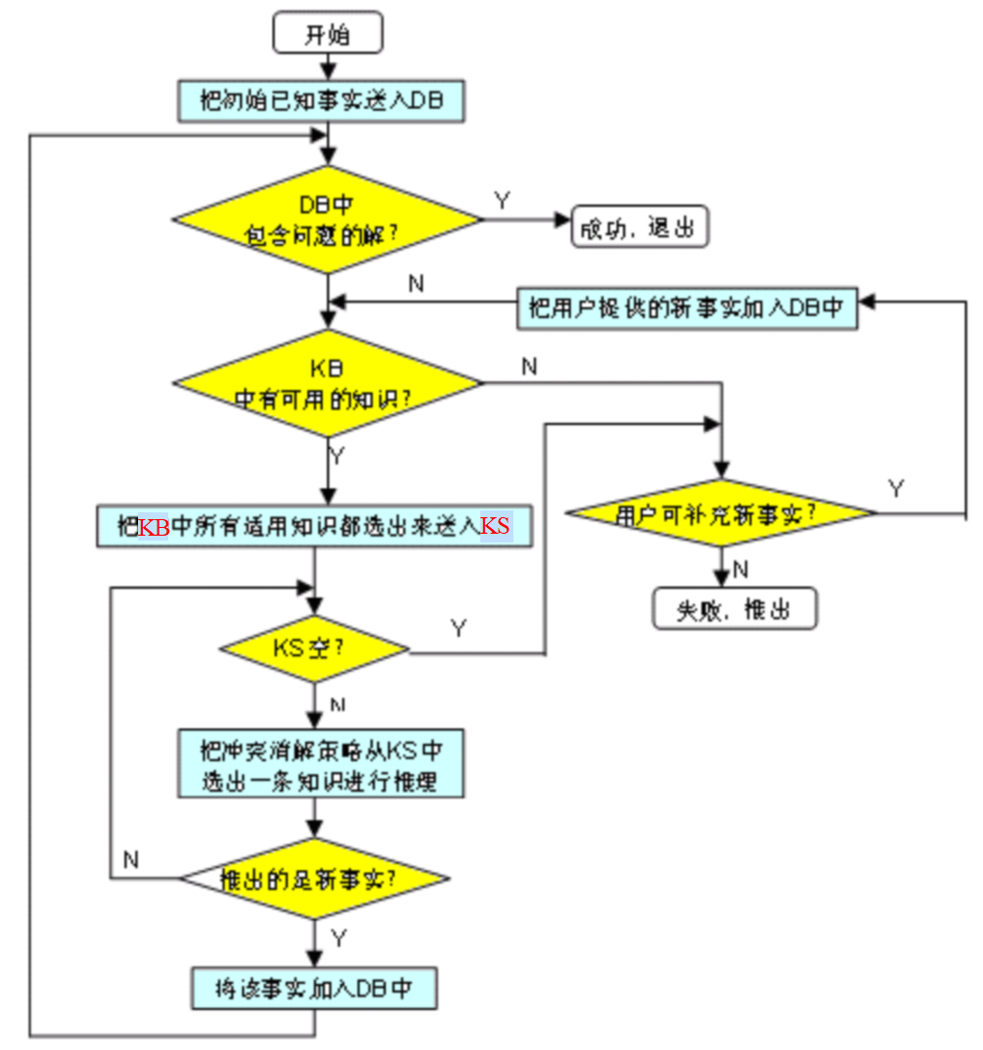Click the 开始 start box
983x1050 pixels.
click(329, 36)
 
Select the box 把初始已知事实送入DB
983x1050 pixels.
click(321, 102)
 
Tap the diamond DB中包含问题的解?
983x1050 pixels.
click(328, 220)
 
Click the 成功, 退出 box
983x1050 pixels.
click(639, 227)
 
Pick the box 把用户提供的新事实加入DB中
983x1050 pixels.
click(686, 308)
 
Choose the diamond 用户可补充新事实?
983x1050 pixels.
click(720, 514)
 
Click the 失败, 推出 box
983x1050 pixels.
click(734, 610)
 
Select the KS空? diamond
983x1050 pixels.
click(314, 647)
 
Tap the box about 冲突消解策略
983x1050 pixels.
click(321, 763)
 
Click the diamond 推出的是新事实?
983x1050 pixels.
click(314, 879)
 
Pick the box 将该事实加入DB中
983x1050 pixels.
click(313, 989)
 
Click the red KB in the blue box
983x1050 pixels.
click(154, 527)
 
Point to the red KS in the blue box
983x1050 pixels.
click(496, 527)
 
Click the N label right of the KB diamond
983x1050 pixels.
click(529, 367)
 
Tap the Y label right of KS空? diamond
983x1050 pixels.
click(458, 629)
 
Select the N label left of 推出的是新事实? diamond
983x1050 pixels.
click(131, 859)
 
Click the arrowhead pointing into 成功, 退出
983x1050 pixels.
click(561, 221)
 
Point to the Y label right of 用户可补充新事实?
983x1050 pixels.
click(895, 489)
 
